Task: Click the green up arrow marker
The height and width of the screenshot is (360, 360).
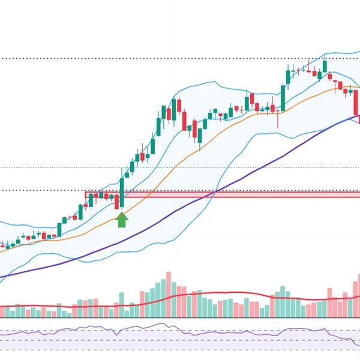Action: click(x=122, y=220)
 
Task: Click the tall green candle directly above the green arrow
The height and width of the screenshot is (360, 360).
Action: click(x=122, y=191)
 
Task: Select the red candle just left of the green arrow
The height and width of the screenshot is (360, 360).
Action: click(x=117, y=202)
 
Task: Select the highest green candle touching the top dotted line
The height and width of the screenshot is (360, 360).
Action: click(x=325, y=66)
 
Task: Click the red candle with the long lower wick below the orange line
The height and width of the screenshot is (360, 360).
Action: click(x=278, y=110)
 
